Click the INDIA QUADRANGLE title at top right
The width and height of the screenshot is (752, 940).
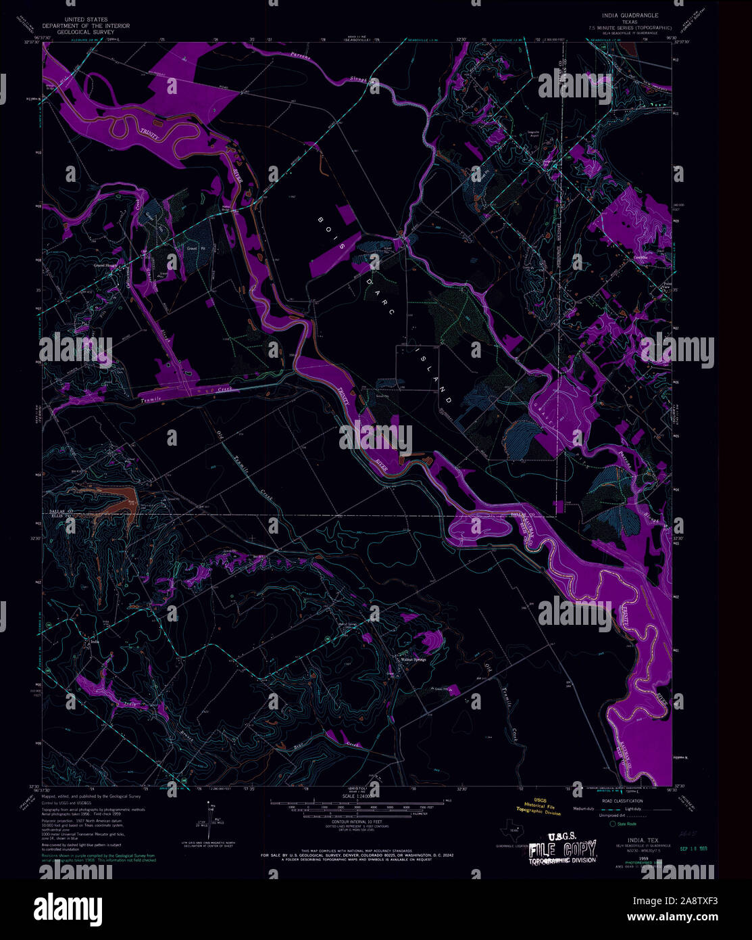[627, 15]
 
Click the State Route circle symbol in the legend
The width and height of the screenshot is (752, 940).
[613, 824]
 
